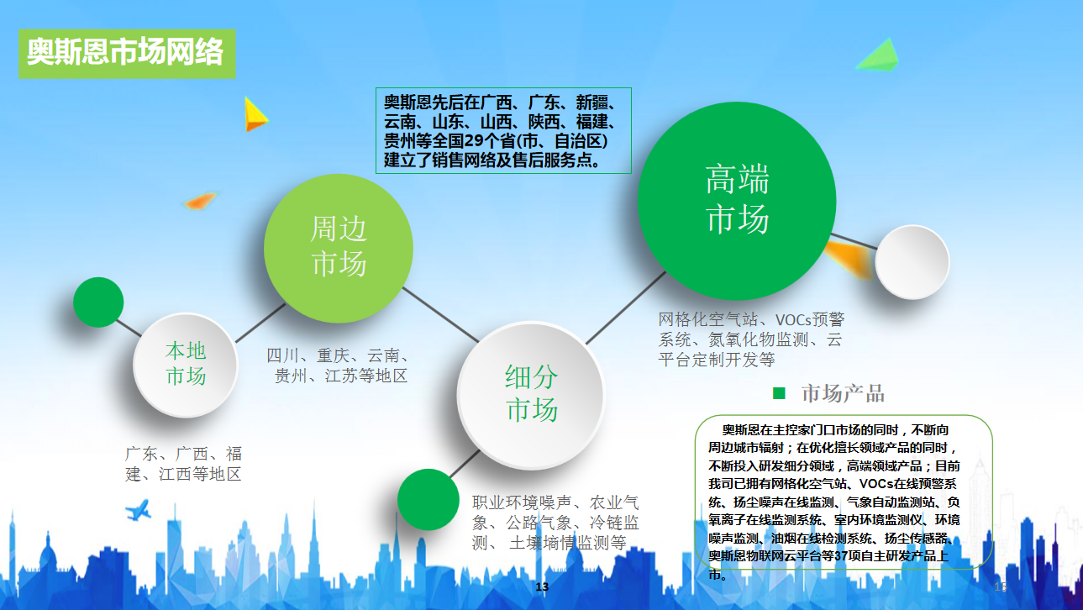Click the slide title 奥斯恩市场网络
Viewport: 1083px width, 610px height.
click(x=125, y=52)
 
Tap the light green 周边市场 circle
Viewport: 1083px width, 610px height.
click(x=339, y=249)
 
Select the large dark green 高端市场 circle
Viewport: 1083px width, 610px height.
click(x=737, y=201)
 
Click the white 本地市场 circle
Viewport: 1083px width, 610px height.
click(x=185, y=365)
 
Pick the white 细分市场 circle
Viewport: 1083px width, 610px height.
click(x=531, y=396)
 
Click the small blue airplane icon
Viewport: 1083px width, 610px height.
click(x=139, y=510)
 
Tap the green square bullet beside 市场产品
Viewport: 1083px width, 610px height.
click(x=779, y=393)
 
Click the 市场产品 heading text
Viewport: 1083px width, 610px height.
click(x=844, y=393)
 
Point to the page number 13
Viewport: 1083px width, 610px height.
click(x=542, y=586)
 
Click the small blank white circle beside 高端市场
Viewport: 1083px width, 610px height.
click(x=912, y=262)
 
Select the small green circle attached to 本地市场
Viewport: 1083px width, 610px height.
click(x=98, y=302)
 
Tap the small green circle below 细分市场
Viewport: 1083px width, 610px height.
click(x=428, y=499)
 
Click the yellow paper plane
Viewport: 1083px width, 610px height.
click(x=255, y=114)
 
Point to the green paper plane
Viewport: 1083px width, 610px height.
click(x=879, y=55)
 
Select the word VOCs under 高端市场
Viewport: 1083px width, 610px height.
click(x=792, y=320)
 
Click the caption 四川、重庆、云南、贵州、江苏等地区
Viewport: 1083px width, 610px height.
click(x=339, y=365)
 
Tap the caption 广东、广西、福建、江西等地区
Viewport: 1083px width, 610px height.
click(x=183, y=464)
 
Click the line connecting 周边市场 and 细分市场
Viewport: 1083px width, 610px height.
click(x=440, y=315)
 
